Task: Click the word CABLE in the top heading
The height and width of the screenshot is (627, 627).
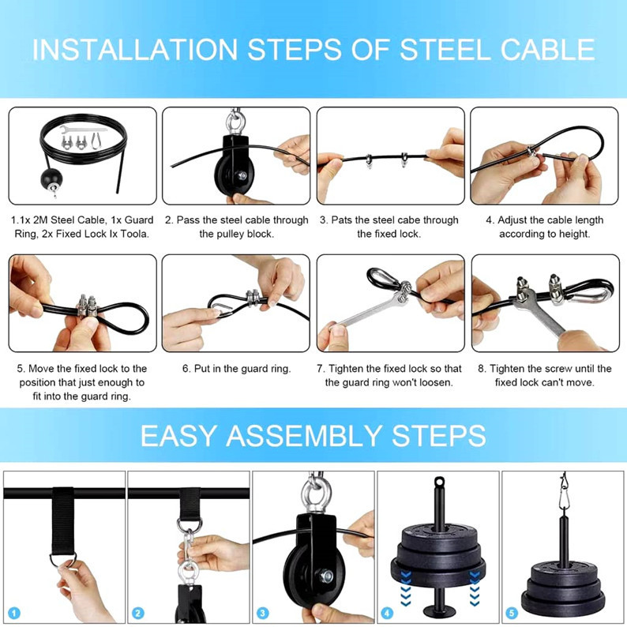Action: (x=547, y=50)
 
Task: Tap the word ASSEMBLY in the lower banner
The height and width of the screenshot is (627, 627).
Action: (x=303, y=435)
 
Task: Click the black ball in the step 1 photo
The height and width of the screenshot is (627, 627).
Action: (x=51, y=178)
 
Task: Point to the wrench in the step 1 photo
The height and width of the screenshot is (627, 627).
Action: (x=84, y=130)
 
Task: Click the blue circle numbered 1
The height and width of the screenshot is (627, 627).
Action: (x=14, y=613)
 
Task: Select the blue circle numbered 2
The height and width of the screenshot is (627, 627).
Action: (x=138, y=613)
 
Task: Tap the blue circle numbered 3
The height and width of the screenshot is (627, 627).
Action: (x=262, y=613)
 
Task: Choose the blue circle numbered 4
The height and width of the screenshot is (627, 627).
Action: (x=387, y=613)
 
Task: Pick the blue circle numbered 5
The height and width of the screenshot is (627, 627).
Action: (x=512, y=613)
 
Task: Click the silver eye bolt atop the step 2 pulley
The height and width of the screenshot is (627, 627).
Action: (x=234, y=122)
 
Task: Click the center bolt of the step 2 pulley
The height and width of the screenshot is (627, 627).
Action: (x=242, y=175)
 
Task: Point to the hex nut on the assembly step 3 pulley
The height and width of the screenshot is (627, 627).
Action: (x=326, y=576)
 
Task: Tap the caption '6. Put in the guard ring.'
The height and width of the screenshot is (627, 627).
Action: (x=236, y=368)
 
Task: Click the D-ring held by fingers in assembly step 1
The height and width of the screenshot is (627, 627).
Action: (x=63, y=559)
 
